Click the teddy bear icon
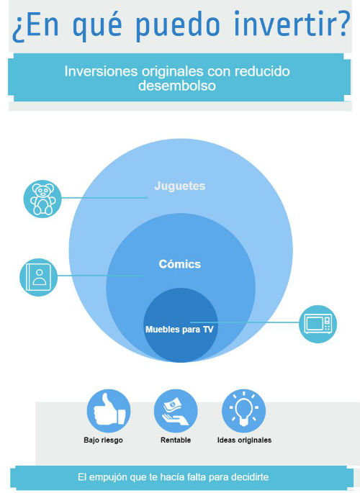(x=42, y=199)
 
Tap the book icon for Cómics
(x=39, y=277)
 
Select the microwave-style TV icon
(x=318, y=324)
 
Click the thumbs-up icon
(x=109, y=411)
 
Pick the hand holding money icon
(x=176, y=411)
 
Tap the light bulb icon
(x=243, y=411)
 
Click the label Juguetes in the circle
(x=179, y=186)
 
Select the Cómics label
(x=179, y=264)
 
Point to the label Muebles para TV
(x=179, y=330)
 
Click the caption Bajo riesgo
(x=103, y=440)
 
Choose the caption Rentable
(x=176, y=440)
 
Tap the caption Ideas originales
(x=244, y=440)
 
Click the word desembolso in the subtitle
(x=177, y=86)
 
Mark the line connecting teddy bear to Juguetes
(x=104, y=198)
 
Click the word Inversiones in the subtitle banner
(x=101, y=71)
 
